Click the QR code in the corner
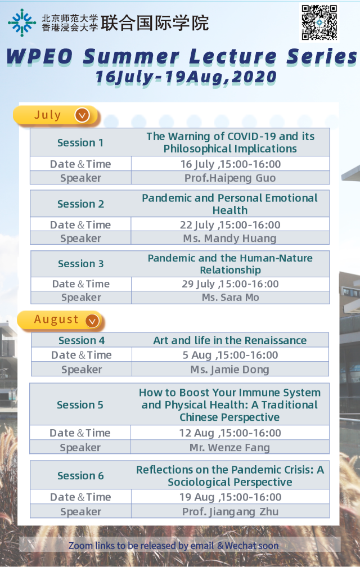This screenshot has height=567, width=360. point(319,22)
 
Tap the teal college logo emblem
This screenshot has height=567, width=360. point(21,22)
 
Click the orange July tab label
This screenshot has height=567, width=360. point(48,115)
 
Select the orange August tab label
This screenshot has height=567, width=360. point(56,319)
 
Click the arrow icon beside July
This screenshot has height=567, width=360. point(82,115)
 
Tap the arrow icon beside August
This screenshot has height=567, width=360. point(92,321)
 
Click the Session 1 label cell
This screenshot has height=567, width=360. point(80,143)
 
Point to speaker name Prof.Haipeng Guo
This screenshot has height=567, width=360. point(230,178)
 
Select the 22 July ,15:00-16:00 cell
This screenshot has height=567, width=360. point(230,225)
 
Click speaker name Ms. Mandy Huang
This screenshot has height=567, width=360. point(229,238)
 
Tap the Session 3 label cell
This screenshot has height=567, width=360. point(80,264)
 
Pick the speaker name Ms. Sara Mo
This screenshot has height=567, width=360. point(230,298)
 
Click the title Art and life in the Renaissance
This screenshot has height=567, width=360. point(230,340)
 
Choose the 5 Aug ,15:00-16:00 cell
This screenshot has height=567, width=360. point(230,355)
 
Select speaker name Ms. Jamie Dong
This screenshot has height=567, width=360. point(229,370)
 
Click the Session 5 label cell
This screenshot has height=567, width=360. point(80,405)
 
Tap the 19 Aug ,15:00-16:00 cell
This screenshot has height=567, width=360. point(231,497)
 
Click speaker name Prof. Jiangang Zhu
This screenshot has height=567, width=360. point(230,512)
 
